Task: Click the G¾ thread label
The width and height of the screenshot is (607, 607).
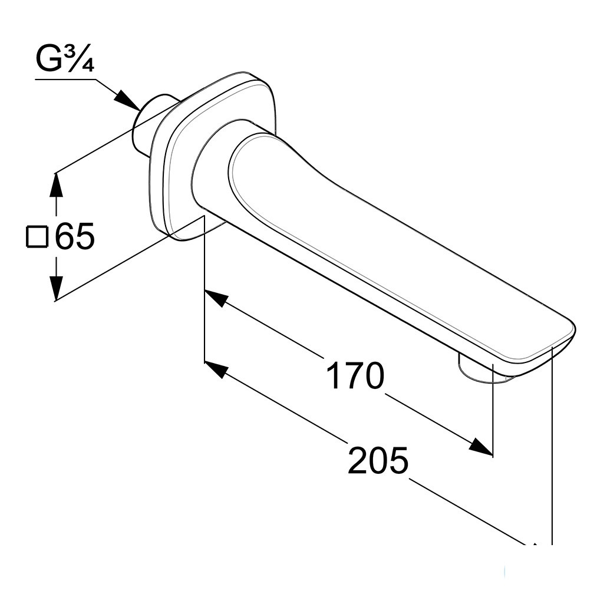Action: (65, 60)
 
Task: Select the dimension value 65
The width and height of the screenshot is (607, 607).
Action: (75, 236)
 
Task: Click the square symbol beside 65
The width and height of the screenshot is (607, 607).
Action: (37, 236)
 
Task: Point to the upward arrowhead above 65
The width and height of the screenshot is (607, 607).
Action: (57, 186)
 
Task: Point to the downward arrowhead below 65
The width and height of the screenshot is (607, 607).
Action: (57, 287)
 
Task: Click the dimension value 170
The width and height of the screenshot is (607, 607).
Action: (355, 376)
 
